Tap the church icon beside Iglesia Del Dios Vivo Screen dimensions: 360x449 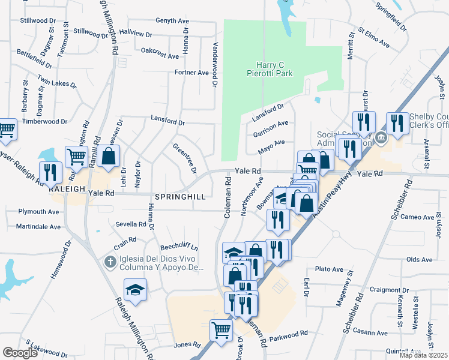[109, 262]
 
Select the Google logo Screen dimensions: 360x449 [20, 353]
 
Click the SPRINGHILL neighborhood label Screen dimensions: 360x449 [181, 197]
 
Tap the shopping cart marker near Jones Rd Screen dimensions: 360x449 [221, 329]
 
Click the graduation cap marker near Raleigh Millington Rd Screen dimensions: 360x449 [136, 290]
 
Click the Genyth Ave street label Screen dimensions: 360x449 [172, 20]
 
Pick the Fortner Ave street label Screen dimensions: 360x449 [191, 73]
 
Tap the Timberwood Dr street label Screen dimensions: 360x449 [45, 121]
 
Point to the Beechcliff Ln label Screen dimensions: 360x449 [178, 247]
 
